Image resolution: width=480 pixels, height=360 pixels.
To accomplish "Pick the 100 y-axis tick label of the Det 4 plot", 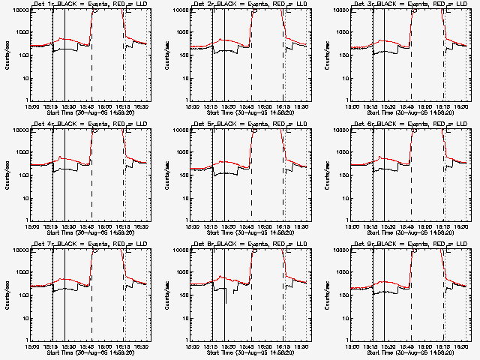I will (x=21, y=176).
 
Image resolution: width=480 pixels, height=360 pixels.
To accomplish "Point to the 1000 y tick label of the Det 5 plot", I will (x=180, y=153).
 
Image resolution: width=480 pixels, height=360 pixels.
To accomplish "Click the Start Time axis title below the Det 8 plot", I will (x=250, y=352).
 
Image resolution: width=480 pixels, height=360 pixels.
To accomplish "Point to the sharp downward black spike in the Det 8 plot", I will (x=224, y=301).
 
